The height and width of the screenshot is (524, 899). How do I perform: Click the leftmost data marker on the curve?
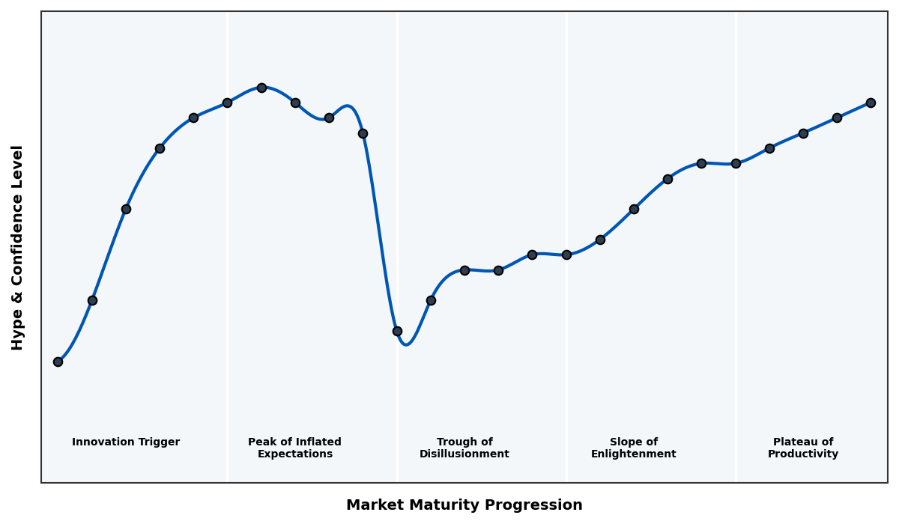(x=58, y=362)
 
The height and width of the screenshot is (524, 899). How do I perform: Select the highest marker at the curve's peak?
(x=261, y=88)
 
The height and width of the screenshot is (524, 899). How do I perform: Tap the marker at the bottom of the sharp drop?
(x=397, y=331)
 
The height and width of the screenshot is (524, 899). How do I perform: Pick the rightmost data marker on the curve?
(x=871, y=103)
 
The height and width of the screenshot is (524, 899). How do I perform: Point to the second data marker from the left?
(x=92, y=300)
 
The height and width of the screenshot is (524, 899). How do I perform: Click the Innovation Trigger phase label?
(x=126, y=442)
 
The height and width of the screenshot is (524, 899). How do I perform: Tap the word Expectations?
(x=294, y=454)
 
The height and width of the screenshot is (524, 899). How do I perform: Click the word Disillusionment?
(x=464, y=454)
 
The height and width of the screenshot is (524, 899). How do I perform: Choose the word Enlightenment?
(x=634, y=454)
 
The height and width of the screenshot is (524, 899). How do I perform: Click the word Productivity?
(x=803, y=454)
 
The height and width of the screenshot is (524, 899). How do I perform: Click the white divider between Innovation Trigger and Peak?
(x=228, y=299)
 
